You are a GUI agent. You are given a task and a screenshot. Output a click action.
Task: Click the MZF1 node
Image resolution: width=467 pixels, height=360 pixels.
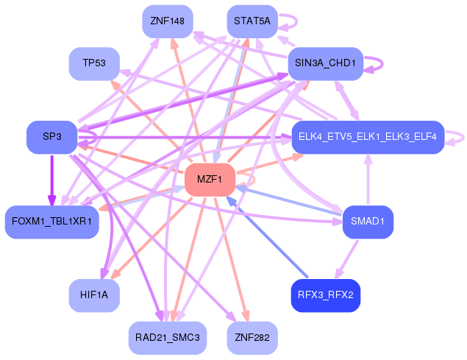pyautogui.click(x=210, y=180)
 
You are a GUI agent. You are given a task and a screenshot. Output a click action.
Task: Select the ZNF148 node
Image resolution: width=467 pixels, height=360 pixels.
pyautogui.click(x=168, y=21)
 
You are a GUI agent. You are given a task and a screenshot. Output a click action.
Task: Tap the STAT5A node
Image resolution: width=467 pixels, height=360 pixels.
pyautogui.click(x=252, y=21)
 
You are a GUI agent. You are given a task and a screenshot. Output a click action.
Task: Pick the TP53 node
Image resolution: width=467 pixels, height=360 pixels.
pyautogui.click(x=94, y=63)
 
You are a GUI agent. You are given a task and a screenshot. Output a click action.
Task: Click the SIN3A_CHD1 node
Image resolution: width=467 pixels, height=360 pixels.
pyautogui.click(x=326, y=63)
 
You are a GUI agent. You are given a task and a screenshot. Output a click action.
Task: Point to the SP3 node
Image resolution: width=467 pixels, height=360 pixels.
pyautogui.click(x=51, y=137)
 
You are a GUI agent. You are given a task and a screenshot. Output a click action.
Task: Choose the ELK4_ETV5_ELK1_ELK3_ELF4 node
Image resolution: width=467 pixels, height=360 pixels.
pyautogui.click(x=368, y=137)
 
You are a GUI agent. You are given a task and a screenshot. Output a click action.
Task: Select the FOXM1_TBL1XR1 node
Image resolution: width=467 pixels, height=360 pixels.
pyautogui.click(x=51, y=222)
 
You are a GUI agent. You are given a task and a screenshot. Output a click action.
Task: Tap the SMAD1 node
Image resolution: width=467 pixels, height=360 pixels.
pyautogui.click(x=368, y=222)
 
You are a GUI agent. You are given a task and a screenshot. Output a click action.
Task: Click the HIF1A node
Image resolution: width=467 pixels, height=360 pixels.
pyautogui.click(x=94, y=295)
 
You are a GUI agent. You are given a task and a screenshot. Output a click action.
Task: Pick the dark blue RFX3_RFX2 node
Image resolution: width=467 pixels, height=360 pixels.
pyautogui.click(x=326, y=295)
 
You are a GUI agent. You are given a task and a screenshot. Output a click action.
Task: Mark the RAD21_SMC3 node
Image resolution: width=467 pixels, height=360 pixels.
pyautogui.click(x=168, y=338)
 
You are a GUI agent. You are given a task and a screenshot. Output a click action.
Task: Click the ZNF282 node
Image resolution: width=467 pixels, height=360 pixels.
pyautogui.click(x=252, y=338)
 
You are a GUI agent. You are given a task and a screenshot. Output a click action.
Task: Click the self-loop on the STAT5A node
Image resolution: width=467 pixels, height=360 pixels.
pyautogui.click(x=296, y=21)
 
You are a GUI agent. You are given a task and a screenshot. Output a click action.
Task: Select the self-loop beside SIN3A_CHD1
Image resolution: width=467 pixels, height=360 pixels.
pyautogui.click(x=382, y=63)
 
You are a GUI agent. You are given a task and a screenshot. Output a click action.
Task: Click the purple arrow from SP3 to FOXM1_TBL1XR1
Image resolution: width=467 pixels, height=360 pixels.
pyautogui.click(x=51, y=180)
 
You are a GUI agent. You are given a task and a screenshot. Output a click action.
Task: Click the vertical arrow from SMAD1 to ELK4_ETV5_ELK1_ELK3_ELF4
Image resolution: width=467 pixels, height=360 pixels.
pyautogui.click(x=368, y=180)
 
